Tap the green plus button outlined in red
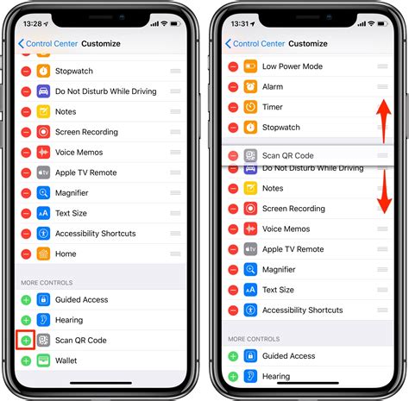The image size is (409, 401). point(26,340)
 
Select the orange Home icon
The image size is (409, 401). point(43,254)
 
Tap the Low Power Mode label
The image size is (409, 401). point(293,66)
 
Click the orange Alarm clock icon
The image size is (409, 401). point(250,86)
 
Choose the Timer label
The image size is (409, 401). point(273,107)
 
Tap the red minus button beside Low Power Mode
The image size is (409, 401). point(233,66)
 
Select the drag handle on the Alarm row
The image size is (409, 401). point(382,86)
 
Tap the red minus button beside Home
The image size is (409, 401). point(26,254)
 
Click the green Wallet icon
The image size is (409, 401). point(43,360)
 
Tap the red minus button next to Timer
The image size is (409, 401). point(233,107)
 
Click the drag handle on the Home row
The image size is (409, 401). point(175,254)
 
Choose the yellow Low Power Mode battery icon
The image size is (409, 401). point(250,66)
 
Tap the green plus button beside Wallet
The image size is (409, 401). point(26,360)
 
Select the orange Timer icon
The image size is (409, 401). point(250,107)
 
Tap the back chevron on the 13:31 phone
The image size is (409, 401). point(229,43)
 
